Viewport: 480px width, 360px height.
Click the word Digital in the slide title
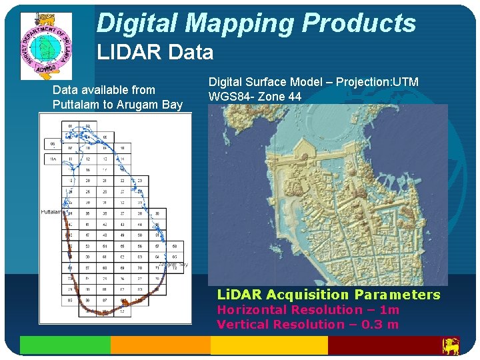click(x=138, y=24)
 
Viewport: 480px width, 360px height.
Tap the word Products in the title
click(x=359, y=24)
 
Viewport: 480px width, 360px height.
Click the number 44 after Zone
click(x=294, y=97)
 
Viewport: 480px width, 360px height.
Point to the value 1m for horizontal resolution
click(x=389, y=310)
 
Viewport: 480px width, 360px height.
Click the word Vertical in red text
click(x=243, y=325)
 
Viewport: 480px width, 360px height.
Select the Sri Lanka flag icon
click(x=451, y=345)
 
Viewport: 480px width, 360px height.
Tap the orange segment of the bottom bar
click(x=160, y=345)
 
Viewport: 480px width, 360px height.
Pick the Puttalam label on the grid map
click(x=52, y=211)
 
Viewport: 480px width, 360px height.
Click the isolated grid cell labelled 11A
click(x=52, y=159)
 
